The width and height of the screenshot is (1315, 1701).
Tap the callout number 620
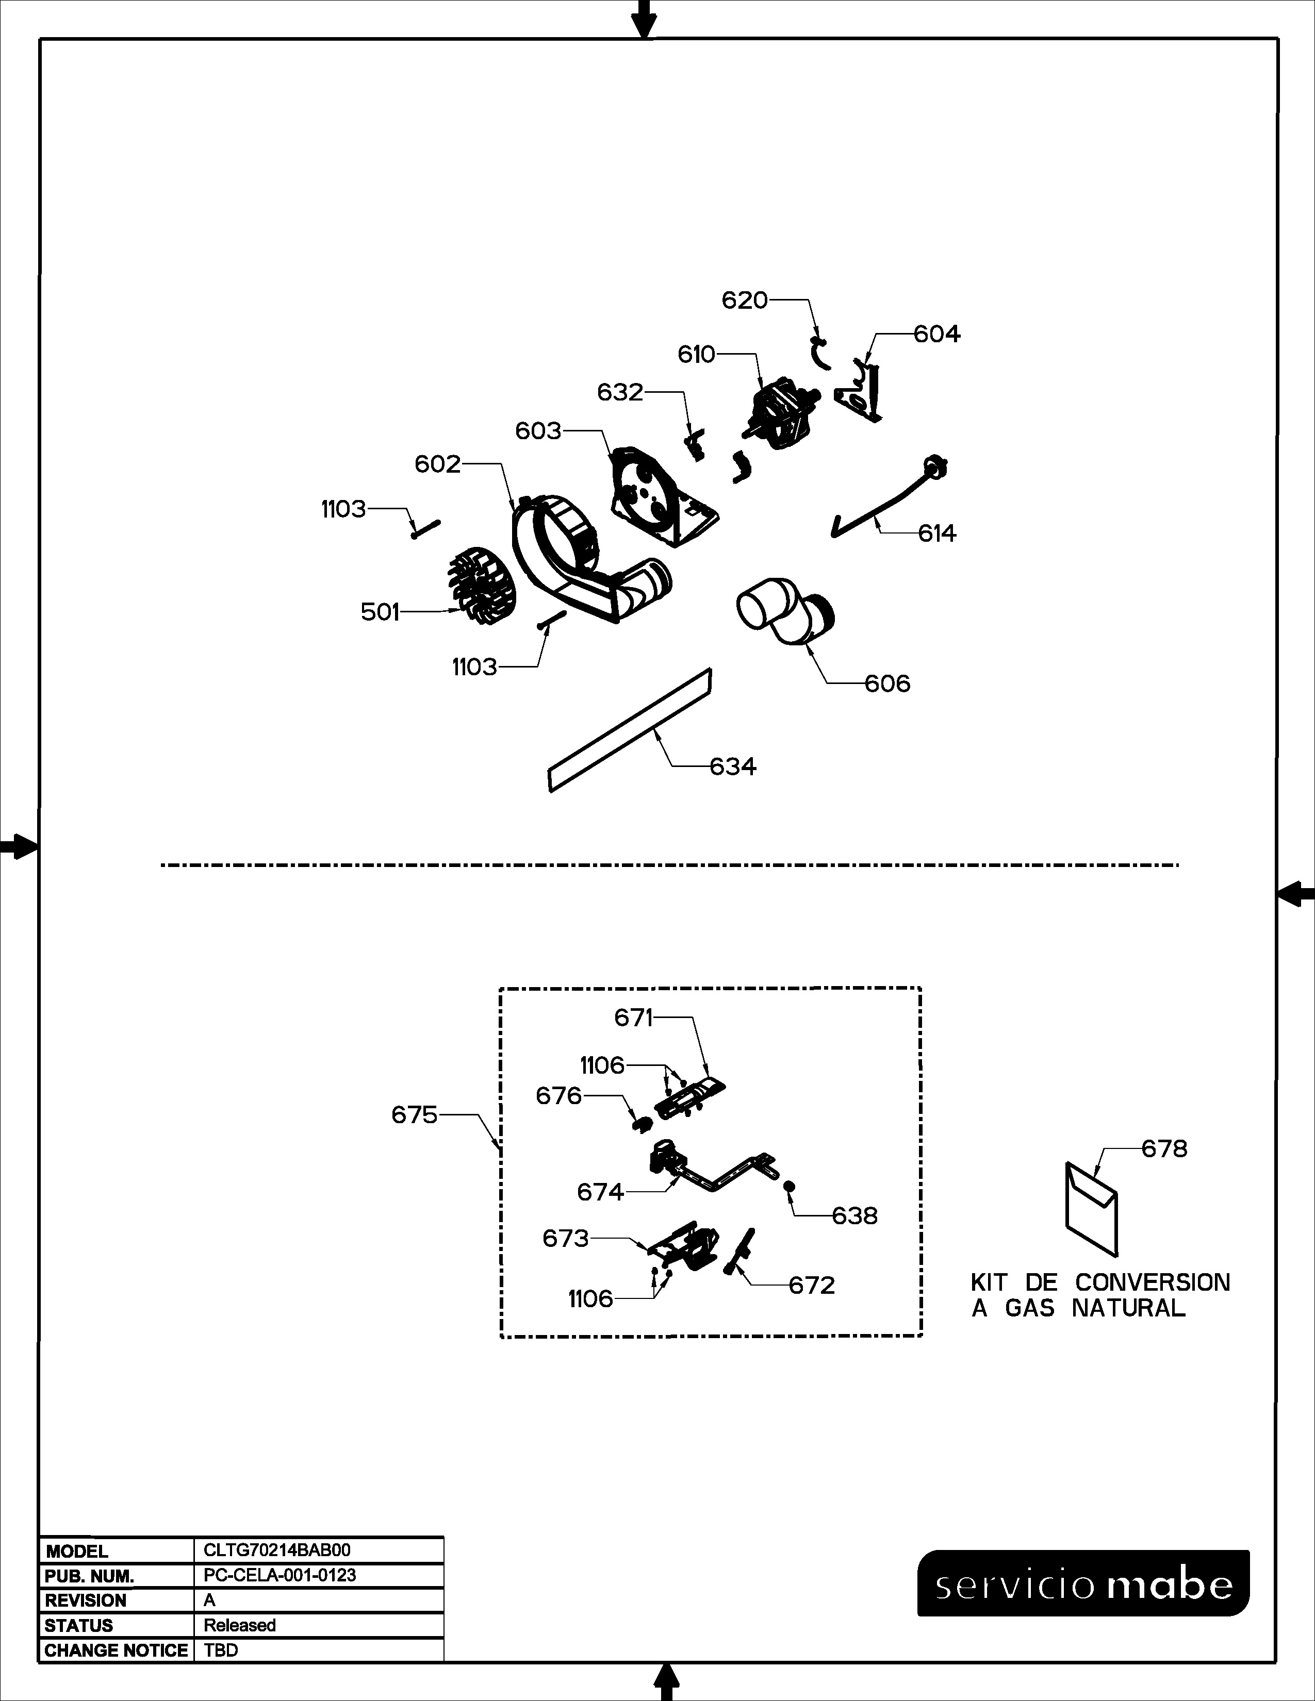744,301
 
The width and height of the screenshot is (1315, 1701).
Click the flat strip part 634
630,730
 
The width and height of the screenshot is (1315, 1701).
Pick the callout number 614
937,533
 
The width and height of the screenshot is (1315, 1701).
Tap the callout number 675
415,1115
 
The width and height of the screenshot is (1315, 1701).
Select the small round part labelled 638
788,1186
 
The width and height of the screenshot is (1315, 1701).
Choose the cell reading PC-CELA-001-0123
280,1576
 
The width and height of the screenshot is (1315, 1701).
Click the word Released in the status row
240,1625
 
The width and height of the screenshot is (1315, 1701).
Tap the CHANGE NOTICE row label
116,1650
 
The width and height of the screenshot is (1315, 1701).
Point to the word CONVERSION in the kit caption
1153,1283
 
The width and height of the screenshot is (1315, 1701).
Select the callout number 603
538,431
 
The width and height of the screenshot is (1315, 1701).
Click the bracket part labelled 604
862,391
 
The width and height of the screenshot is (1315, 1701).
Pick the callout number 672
812,1285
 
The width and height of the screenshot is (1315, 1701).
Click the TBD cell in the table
221,1650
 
